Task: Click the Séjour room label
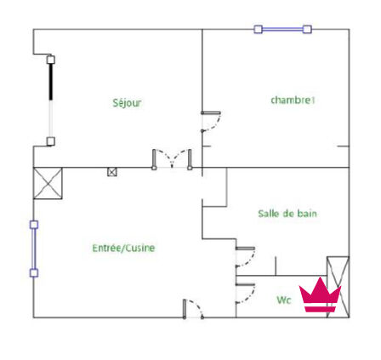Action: click(x=127, y=103)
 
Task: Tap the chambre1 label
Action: click(x=293, y=100)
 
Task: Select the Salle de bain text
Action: click(x=287, y=214)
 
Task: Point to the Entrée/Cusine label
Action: click(x=123, y=248)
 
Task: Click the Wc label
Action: click(x=284, y=300)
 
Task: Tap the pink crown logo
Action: click(x=320, y=294)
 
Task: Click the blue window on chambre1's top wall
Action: click(x=282, y=29)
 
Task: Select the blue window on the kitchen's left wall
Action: click(x=34, y=249)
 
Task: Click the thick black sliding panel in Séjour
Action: click(x=51, y=82)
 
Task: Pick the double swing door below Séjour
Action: click(x=172, y=160)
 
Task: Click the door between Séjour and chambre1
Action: click(x=211, y=122)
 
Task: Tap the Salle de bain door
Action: click(x=245, y=257)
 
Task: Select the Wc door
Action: click(x=245, y=294)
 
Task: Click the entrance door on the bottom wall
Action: click(x=193, y=309)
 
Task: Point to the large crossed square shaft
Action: click(x=48, y=183)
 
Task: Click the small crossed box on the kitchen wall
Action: click(x=112, y=172)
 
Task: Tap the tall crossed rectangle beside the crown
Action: click(x=338, y=287)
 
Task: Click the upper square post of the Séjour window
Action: click(x=51, y=60)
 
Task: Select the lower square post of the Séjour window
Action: click(x=51, y=141)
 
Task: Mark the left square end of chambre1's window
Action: click(x=258, y=29)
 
